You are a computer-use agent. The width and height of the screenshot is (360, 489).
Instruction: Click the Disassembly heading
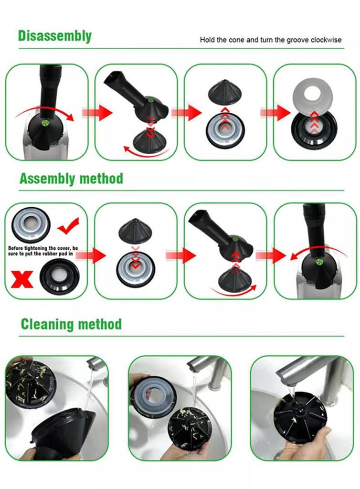pyautogui.click(x=54, y=36)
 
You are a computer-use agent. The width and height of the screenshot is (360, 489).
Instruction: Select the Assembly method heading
pyautogui.click(x=71, y=179)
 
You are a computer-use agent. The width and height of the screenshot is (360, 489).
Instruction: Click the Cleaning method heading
pyautogui.click(x=71, y=324)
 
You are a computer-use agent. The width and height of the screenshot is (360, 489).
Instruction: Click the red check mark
pyautogui.click(x=69, y=225)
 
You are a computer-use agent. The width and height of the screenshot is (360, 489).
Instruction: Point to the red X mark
pyautogui.click(x=22, y=278)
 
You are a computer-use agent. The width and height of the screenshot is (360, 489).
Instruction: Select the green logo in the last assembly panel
pyautogui.click(x=318, y=261)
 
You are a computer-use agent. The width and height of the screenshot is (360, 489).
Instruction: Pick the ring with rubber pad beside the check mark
pyautogui.click(x=31, y=223)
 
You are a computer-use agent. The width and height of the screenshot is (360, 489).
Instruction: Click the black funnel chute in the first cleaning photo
pyautogui.click(x=63, y=432)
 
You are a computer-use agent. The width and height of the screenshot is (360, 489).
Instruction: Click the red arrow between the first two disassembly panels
pyautogui.click(x=96, y=112)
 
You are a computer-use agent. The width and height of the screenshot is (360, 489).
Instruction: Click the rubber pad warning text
pyautogui.click(x=42, y=251)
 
